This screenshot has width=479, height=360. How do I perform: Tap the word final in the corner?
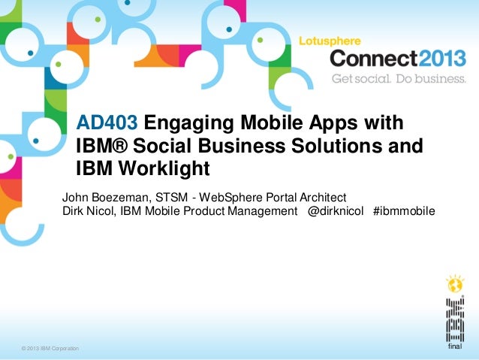[x=454, y=348]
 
